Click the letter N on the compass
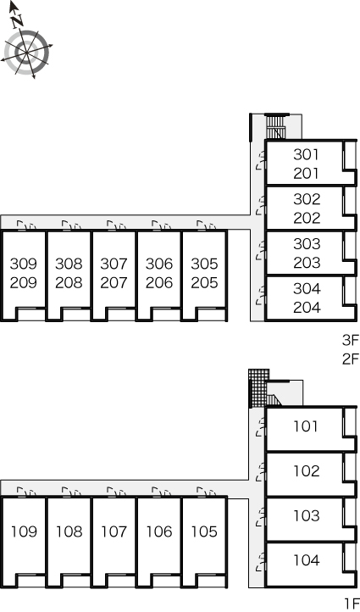click(x=18, y=21)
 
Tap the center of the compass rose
click(x=26, y=52)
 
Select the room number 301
click(x=306, y=154)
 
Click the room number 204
click(x=307, y=308)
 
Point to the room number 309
click(x=24, y=264)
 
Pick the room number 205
click(x=204, y=282)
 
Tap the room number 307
click(x=114, y=264)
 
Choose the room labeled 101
click(x=306, y=426)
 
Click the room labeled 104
click(x=307, y=560)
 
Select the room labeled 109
click(x=24, y=531)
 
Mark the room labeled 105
click(x=204, y=531)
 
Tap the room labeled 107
click(x=114, y=531)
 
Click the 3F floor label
click(x=350, y=341)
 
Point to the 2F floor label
click(x=350, y=359)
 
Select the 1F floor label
click(x=352, y=604)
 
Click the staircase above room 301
click(x=275, y=126)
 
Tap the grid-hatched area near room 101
click(x=258, y=387)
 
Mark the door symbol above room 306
click(x=162, y=225)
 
